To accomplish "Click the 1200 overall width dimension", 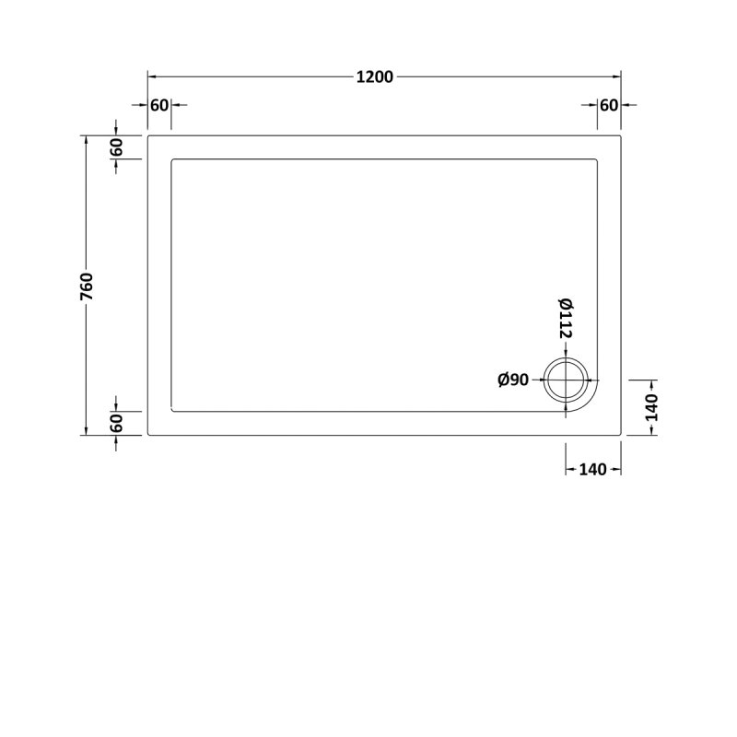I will (375, 76).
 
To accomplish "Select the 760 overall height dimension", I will (87, 286).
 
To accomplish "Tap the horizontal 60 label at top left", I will (159, 104).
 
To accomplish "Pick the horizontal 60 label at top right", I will (608, 104).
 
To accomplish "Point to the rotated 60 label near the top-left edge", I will (116, 147).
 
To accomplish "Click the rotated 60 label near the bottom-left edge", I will (116, 424).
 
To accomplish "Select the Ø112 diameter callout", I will (566, 319).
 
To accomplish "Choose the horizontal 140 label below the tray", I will (592, 470).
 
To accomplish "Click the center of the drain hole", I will (565, 380).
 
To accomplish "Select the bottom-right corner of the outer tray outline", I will (621, 435).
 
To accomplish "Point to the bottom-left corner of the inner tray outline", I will (172, 411).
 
